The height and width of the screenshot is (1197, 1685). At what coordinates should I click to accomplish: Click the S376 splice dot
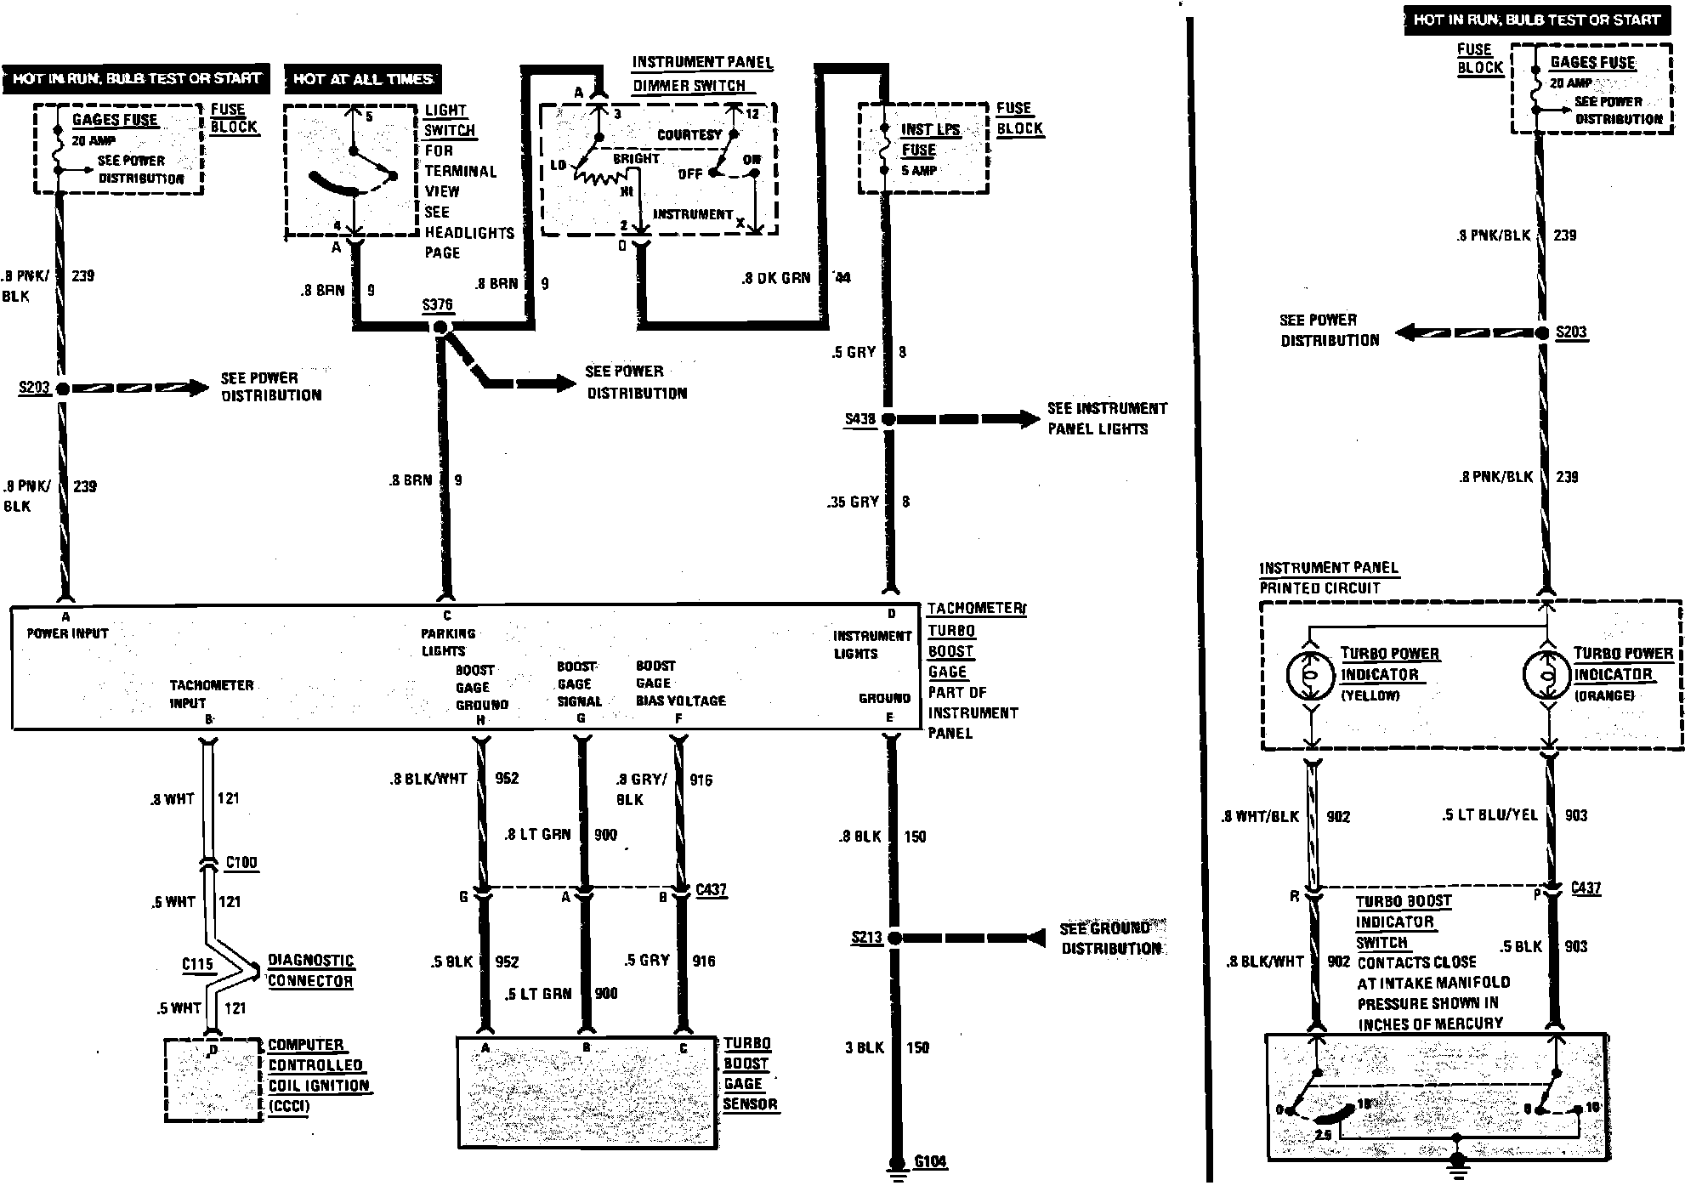440,327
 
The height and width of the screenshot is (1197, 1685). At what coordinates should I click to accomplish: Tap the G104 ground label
930,1161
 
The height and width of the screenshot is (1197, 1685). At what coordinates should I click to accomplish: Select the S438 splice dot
888,419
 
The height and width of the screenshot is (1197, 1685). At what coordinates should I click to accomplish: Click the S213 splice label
867,938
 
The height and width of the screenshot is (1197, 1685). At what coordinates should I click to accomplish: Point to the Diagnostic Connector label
310,970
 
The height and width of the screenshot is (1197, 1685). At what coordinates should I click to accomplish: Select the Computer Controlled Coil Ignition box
213,1080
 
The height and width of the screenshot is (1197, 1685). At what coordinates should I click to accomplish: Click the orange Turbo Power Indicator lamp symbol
1547,676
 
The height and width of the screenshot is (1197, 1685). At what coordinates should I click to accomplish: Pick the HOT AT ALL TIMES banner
363,79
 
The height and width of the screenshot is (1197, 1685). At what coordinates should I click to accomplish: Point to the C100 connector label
241,862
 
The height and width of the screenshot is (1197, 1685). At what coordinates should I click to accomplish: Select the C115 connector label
197,964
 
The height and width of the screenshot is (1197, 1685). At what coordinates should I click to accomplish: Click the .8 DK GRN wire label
776,278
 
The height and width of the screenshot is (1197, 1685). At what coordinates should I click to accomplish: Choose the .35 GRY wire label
852,502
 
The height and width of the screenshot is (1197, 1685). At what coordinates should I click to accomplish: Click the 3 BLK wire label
865,1047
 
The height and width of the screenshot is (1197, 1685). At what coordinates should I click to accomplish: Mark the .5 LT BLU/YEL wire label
1489,814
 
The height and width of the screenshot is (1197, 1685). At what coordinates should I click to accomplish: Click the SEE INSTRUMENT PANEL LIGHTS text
1107,418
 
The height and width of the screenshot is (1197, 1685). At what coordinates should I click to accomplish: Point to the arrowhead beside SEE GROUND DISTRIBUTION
1034,938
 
